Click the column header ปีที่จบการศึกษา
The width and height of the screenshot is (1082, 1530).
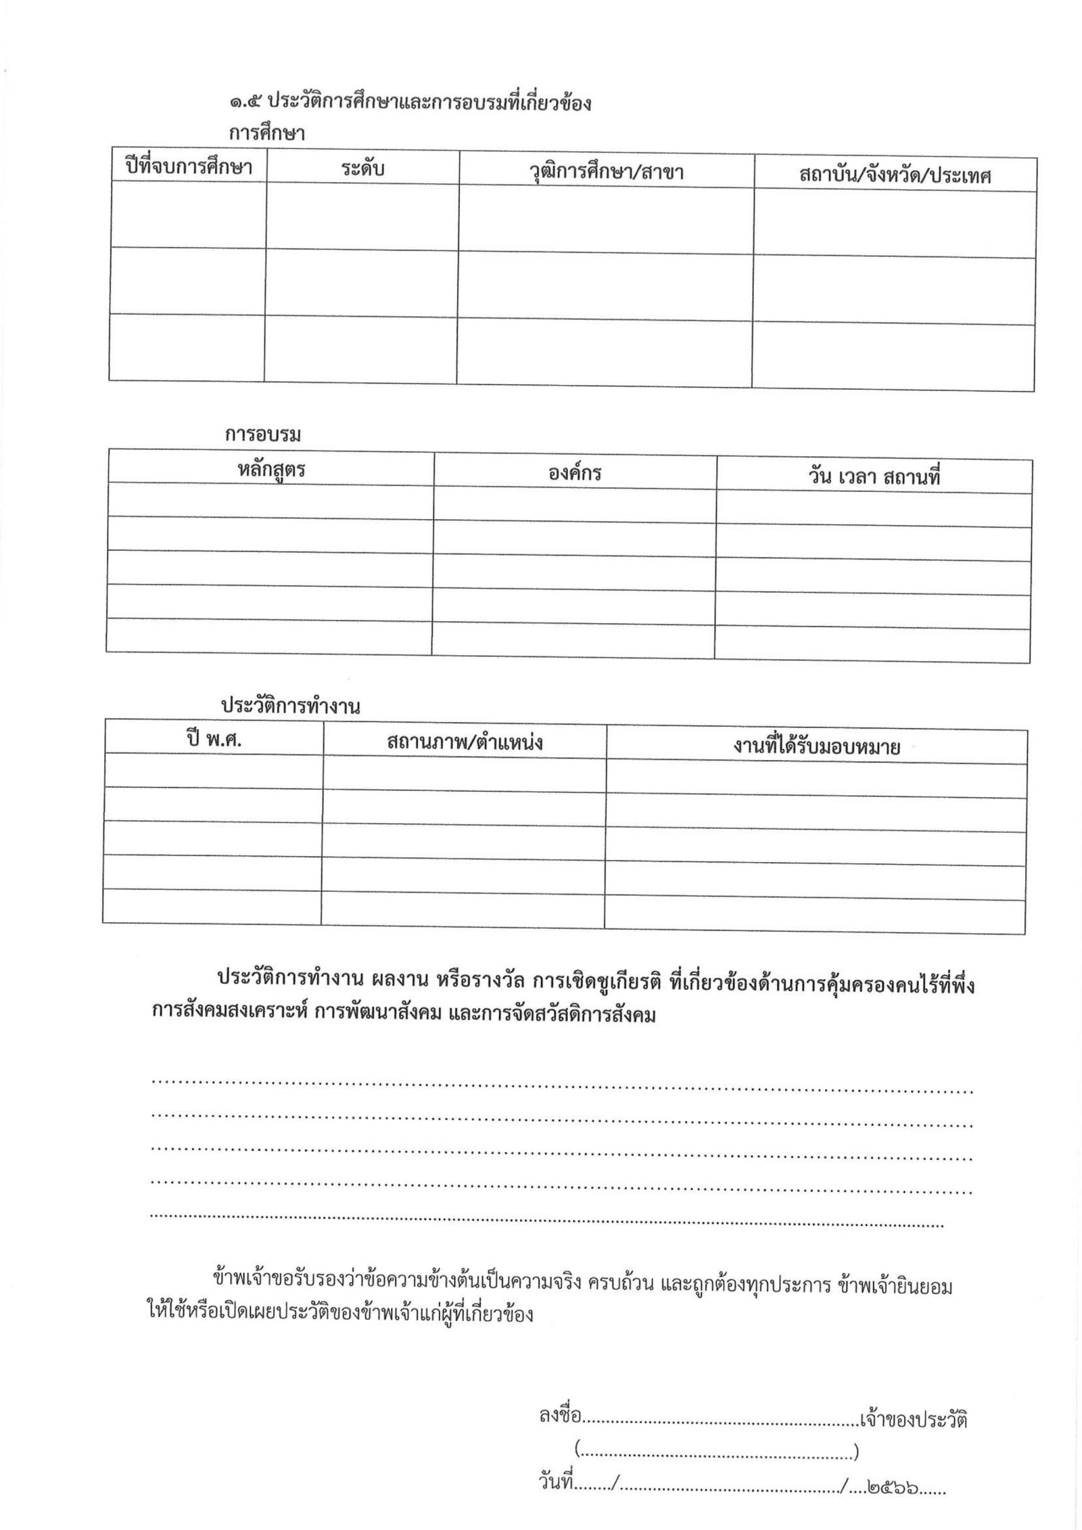click(x=189, y=166)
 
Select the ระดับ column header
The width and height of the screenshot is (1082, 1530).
click(x=362, y=168)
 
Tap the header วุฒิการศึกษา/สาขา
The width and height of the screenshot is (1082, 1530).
click(x=606, y=172)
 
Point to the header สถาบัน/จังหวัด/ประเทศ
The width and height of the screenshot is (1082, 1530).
click(x=895, y=175)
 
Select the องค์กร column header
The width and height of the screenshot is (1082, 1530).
click(x=575, y=472)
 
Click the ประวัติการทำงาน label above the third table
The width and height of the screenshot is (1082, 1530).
click(x=290, y=707)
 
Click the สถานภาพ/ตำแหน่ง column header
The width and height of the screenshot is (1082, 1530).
click(x=465, y=743)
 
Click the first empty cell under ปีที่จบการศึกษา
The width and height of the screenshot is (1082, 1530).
click(x=188, y=215)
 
